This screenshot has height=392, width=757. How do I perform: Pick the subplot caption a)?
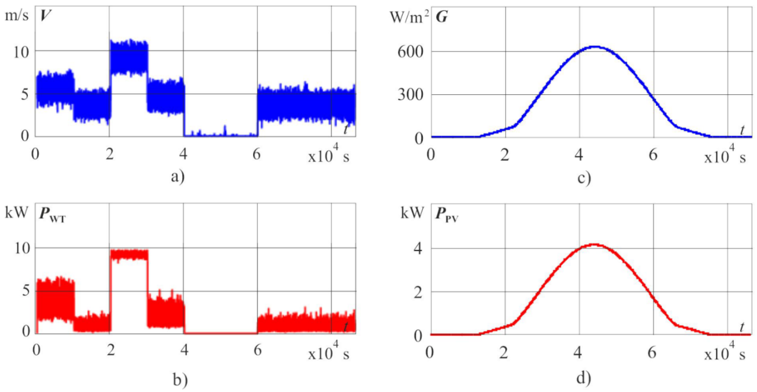pos(178,177)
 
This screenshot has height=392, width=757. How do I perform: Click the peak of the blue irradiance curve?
pos(595,47)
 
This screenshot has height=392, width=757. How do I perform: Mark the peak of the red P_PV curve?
pos(594,244)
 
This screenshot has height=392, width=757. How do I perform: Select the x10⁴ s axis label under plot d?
pos(724,354)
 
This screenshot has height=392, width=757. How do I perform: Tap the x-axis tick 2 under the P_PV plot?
pos(504,352)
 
